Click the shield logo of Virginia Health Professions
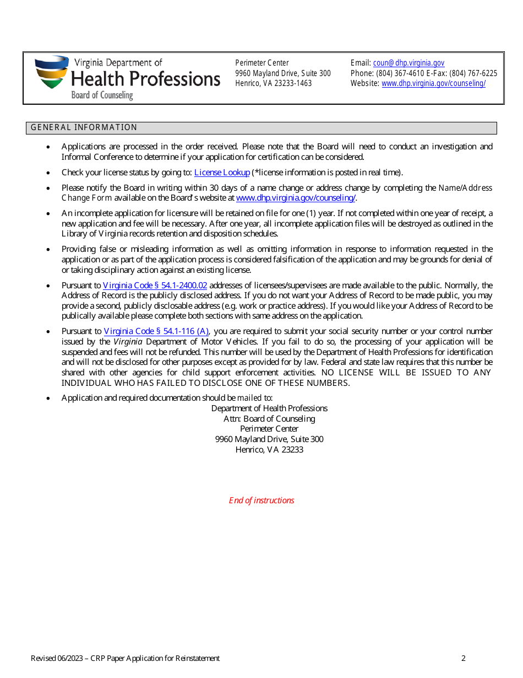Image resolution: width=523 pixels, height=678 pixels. tap(52, 72)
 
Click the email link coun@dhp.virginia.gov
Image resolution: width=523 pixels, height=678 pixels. tap(408, 63)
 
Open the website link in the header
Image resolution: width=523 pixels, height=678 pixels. tap(433, 83)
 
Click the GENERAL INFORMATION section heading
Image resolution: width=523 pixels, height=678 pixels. tap(84, 127)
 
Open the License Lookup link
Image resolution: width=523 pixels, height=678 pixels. tap(222, 173)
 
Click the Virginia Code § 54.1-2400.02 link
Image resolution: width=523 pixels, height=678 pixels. tap(155, 286)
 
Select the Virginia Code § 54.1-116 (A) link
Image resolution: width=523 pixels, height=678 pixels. tap(156, 331)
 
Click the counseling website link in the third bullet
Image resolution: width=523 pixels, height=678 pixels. tap(296, 198)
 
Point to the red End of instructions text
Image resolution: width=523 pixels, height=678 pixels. tap(261, 501)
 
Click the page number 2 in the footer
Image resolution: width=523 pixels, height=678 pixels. tap(464, 658)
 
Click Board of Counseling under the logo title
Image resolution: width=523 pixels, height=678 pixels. tap(102, 95)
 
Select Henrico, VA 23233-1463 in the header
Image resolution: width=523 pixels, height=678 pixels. tap(273, 83)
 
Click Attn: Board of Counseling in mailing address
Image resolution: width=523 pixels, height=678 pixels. tap(269, 419)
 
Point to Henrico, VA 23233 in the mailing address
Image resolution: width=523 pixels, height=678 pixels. tap(269, 449)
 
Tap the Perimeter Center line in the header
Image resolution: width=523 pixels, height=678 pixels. tap(261, 63)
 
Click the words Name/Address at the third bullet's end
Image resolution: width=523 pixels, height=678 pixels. tap(465, 188)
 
